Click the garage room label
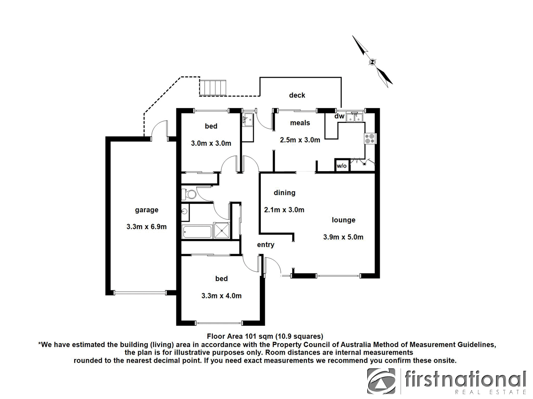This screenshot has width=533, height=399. click(147, 210)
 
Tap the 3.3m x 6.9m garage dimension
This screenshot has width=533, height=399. click(147, 227)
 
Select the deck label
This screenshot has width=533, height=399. click(297, 95)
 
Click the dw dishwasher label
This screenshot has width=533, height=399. click(339, 117)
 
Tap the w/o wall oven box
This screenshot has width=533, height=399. click(341, 166)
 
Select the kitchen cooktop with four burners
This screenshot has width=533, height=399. click(370, 139)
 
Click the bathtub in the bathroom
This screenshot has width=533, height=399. click(197, 231)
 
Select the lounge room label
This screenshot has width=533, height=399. click(343, 220)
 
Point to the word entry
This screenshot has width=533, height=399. click(266, 245)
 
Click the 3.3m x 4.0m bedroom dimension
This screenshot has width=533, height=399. click(221, 296)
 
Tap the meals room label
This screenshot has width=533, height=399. click(300, 123)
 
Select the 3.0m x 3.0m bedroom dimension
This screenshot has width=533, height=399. click(211, 143)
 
